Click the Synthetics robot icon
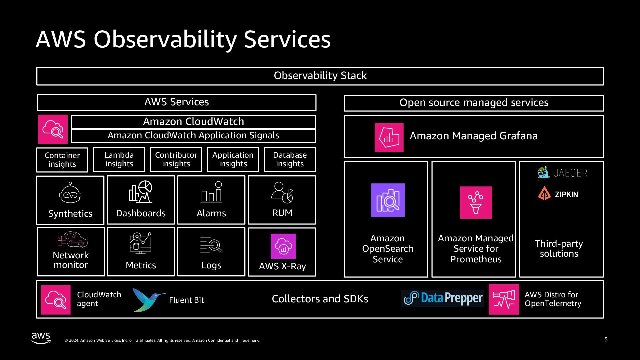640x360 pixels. pos(70,193)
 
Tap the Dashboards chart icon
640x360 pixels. pos(141,192)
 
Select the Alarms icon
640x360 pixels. pos(211,192)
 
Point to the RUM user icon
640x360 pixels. pos(282,193)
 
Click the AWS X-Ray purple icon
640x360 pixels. pos(283,246)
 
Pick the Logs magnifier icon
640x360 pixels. pos(211,245)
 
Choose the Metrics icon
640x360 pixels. pos(140,243)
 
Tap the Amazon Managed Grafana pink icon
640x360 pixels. pos(389,137)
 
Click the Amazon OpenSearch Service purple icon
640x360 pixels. pos(388,200)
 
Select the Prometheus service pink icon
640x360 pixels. pos(476,202)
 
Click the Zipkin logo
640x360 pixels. pos(558,194)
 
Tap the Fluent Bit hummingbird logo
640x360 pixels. pos(148,299)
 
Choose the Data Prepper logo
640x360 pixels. pos(443,298)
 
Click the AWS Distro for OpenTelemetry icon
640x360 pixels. pos(504,299)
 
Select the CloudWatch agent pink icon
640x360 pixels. pos(56,300)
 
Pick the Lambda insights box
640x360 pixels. pos(119,159)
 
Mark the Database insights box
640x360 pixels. pos(290,159)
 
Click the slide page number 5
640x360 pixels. pos(606,339)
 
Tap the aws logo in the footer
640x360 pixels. pos(41,337)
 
